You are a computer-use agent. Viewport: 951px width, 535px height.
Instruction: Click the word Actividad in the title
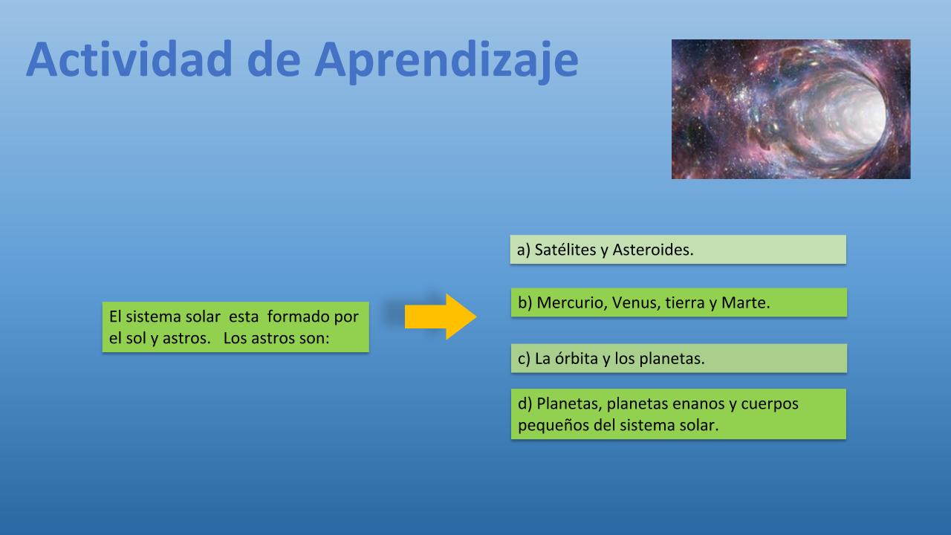(129, 59)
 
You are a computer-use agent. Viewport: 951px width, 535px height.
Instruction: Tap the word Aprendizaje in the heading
(447, 62)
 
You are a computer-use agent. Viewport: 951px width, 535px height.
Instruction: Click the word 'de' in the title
(273, 59)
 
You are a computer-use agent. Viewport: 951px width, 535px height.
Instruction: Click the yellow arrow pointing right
(441, 317)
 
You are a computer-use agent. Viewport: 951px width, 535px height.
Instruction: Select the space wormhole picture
(791, 109)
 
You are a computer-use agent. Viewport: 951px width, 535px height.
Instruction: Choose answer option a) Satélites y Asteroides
(678, 250)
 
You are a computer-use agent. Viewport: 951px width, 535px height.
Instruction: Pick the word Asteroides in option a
(653, 250)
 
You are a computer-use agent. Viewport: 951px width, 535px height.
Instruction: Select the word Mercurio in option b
(572, 302)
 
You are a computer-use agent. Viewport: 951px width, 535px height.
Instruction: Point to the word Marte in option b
(745, 302)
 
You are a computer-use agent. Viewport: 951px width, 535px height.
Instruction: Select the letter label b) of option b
(525, 303)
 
